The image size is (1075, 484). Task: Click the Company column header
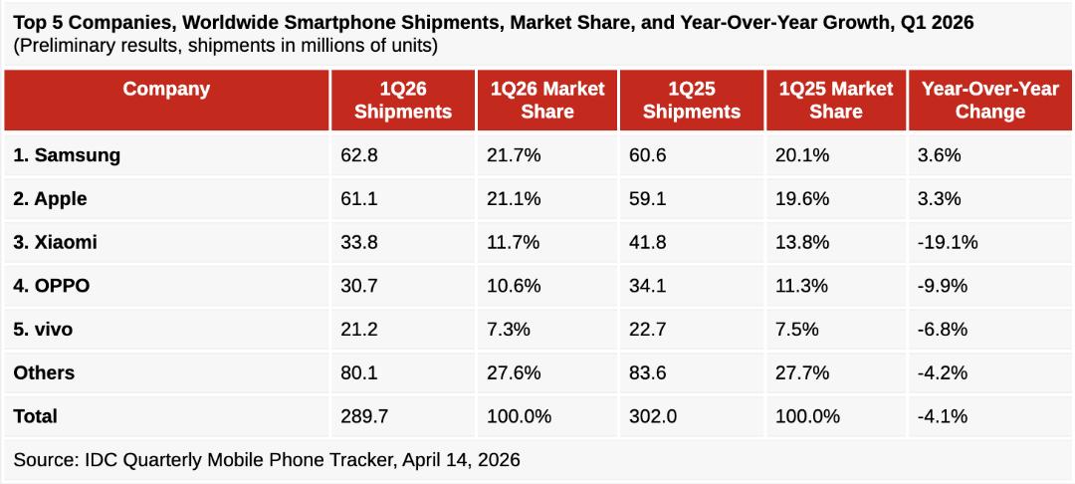click(x=166, y=89)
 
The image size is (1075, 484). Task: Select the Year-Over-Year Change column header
click(x=990, y=101)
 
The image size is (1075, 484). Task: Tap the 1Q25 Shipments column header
click(x=692, y=101)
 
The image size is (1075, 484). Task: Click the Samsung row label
click(x=67, y=155)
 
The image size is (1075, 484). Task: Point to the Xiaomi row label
click(x=55, y=243)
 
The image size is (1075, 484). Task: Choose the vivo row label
click(x=43, y=330)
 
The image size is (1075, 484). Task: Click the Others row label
click(x=44, y=372)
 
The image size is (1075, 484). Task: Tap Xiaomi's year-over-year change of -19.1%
click(x=948, y=243)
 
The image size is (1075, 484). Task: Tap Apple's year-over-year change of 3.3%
click(x=940, y=199)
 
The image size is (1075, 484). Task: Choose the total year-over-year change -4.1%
click(x=942, y=416)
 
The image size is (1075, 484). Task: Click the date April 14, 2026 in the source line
click(x=462, y=459)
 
